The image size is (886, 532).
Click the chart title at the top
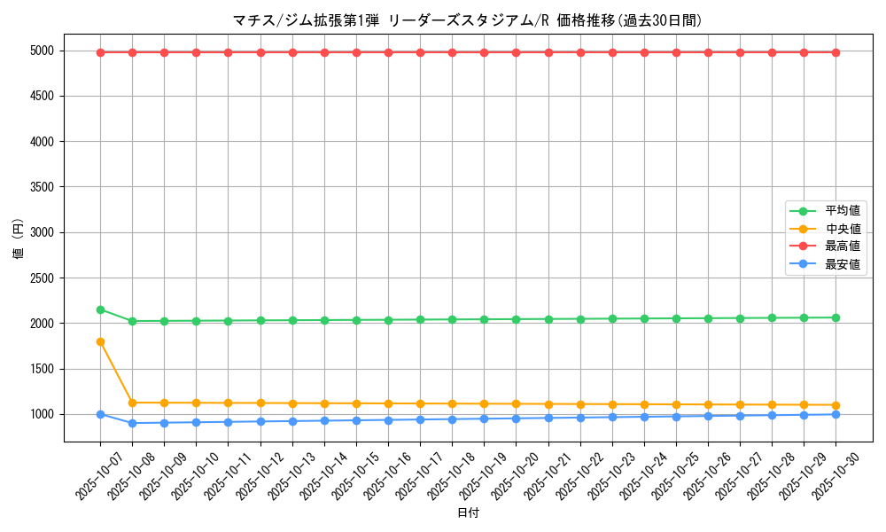467,20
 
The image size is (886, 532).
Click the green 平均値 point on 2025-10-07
100,309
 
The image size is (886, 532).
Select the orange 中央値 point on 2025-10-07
100,341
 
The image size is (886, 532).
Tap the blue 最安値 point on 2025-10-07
100,414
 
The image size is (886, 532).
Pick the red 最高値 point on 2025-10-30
835,52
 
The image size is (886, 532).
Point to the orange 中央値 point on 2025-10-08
132,403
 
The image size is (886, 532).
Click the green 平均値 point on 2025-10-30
835,317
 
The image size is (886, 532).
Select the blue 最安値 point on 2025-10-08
132,423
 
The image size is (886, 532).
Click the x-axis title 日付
468,513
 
